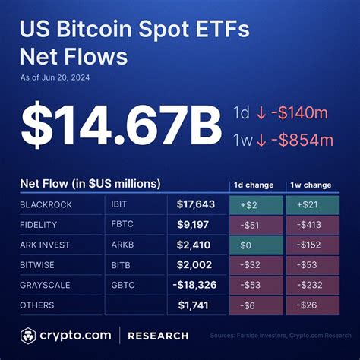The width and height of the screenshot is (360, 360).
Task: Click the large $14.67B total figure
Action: coord(116,125)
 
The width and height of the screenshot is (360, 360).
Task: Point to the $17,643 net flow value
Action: coord(195,205)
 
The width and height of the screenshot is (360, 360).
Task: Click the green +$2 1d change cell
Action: coord(255,205)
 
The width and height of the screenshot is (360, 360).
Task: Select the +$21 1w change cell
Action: coord(311,205)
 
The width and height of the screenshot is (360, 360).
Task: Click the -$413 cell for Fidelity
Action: coord(311,225)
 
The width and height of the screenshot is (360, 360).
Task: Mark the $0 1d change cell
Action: coord(255,245)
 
